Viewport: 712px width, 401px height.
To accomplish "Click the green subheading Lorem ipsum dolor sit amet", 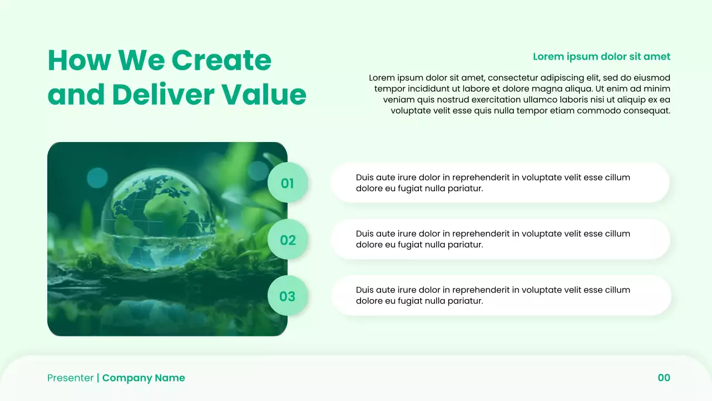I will pos(601,56).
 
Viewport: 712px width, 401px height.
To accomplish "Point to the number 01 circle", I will pos(288,183).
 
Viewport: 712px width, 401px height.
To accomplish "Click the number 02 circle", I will pos(288,239).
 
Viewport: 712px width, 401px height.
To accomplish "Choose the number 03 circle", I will pos(288,296).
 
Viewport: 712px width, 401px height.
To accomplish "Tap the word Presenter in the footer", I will pos(71,378).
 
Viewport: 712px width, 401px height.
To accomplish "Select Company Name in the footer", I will pos(144,378).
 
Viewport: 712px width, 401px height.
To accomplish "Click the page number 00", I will pos(664,378).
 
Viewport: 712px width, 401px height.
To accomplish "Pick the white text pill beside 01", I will pos(501,183).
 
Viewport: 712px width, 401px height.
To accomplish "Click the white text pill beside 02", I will pos(501,239).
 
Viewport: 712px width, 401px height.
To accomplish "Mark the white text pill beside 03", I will pos(501,296).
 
